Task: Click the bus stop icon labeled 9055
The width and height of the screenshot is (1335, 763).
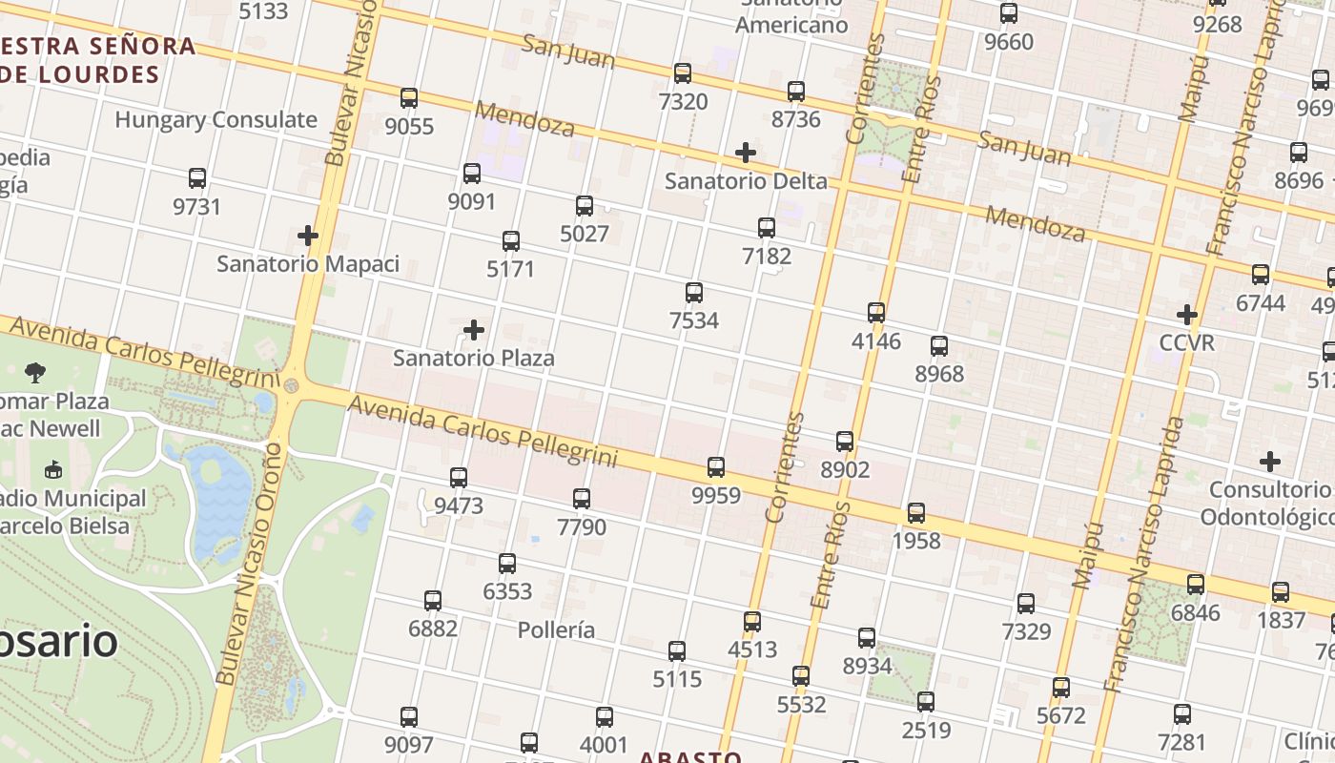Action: point(409,98)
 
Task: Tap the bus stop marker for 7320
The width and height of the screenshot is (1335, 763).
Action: point(683,73)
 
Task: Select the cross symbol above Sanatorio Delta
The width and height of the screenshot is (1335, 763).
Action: point(746,153)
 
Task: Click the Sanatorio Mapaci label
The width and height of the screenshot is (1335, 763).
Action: point(308,263)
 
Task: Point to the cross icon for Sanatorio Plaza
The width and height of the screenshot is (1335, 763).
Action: point(474,331)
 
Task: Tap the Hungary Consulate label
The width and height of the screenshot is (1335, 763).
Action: point(216,120)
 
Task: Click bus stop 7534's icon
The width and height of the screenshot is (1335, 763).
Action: point(694,293)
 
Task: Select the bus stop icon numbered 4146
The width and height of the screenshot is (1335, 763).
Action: point(876,313)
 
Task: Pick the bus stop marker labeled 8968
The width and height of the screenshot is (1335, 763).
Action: point(939,346)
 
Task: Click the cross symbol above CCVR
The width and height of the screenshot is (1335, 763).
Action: point(1187,315)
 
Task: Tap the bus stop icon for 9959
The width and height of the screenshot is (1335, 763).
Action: point(716,467)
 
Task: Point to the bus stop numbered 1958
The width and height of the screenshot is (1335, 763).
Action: point(916,513)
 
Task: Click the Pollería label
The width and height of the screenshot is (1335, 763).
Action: point(556,630)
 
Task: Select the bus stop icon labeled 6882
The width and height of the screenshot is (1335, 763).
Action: point(433,601)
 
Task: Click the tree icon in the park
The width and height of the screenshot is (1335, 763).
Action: point(36,372)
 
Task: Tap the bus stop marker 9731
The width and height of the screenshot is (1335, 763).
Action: point(197,178)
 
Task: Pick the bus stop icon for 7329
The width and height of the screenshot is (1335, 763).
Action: point(1026,604)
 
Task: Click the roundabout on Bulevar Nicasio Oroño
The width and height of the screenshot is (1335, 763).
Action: point(291,386)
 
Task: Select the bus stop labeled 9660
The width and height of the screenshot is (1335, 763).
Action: point(1009,13)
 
